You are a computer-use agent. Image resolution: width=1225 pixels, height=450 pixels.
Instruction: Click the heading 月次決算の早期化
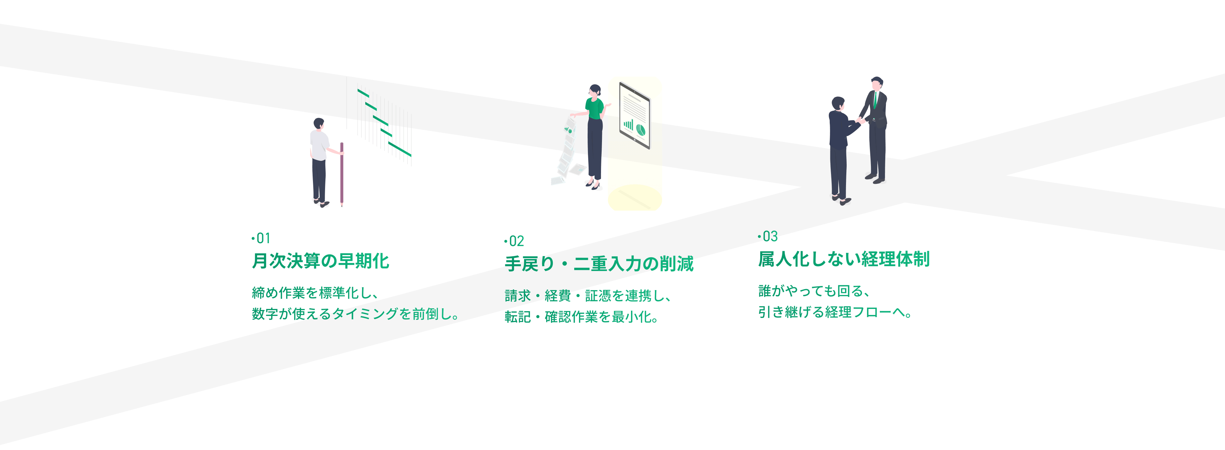[x=321, y=261]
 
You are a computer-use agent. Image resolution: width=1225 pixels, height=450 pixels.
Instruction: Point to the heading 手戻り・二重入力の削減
[x=599, y=264]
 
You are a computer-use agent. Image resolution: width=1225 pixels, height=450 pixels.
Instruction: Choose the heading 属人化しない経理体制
[x=843, y=259]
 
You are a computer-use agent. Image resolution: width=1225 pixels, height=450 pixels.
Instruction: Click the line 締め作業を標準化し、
[x=315, y=293]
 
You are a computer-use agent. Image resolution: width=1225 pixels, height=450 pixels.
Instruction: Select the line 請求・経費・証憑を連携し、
[x=588, y=296]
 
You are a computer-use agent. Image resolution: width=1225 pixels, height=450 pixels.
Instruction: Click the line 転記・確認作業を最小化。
[x=582, y=317]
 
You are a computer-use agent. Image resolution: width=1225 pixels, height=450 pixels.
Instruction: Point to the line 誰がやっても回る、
[x=814, y=291]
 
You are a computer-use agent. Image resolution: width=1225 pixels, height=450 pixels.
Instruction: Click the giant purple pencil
[x=341, y=174]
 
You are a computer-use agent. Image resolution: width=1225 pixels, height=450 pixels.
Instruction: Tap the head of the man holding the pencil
[x=319, y=124]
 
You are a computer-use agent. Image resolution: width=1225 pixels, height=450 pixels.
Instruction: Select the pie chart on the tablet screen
[x=641, y=129]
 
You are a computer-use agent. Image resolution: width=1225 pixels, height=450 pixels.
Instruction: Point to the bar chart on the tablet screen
[x=629, y=125]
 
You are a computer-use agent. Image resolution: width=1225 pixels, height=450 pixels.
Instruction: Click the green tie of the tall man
[x=875, y=100]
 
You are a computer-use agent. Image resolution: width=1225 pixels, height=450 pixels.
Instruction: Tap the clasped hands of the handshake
[x=860, y=121]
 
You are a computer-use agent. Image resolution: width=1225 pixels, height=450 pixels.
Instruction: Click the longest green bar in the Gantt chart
[x=399, y=149]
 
